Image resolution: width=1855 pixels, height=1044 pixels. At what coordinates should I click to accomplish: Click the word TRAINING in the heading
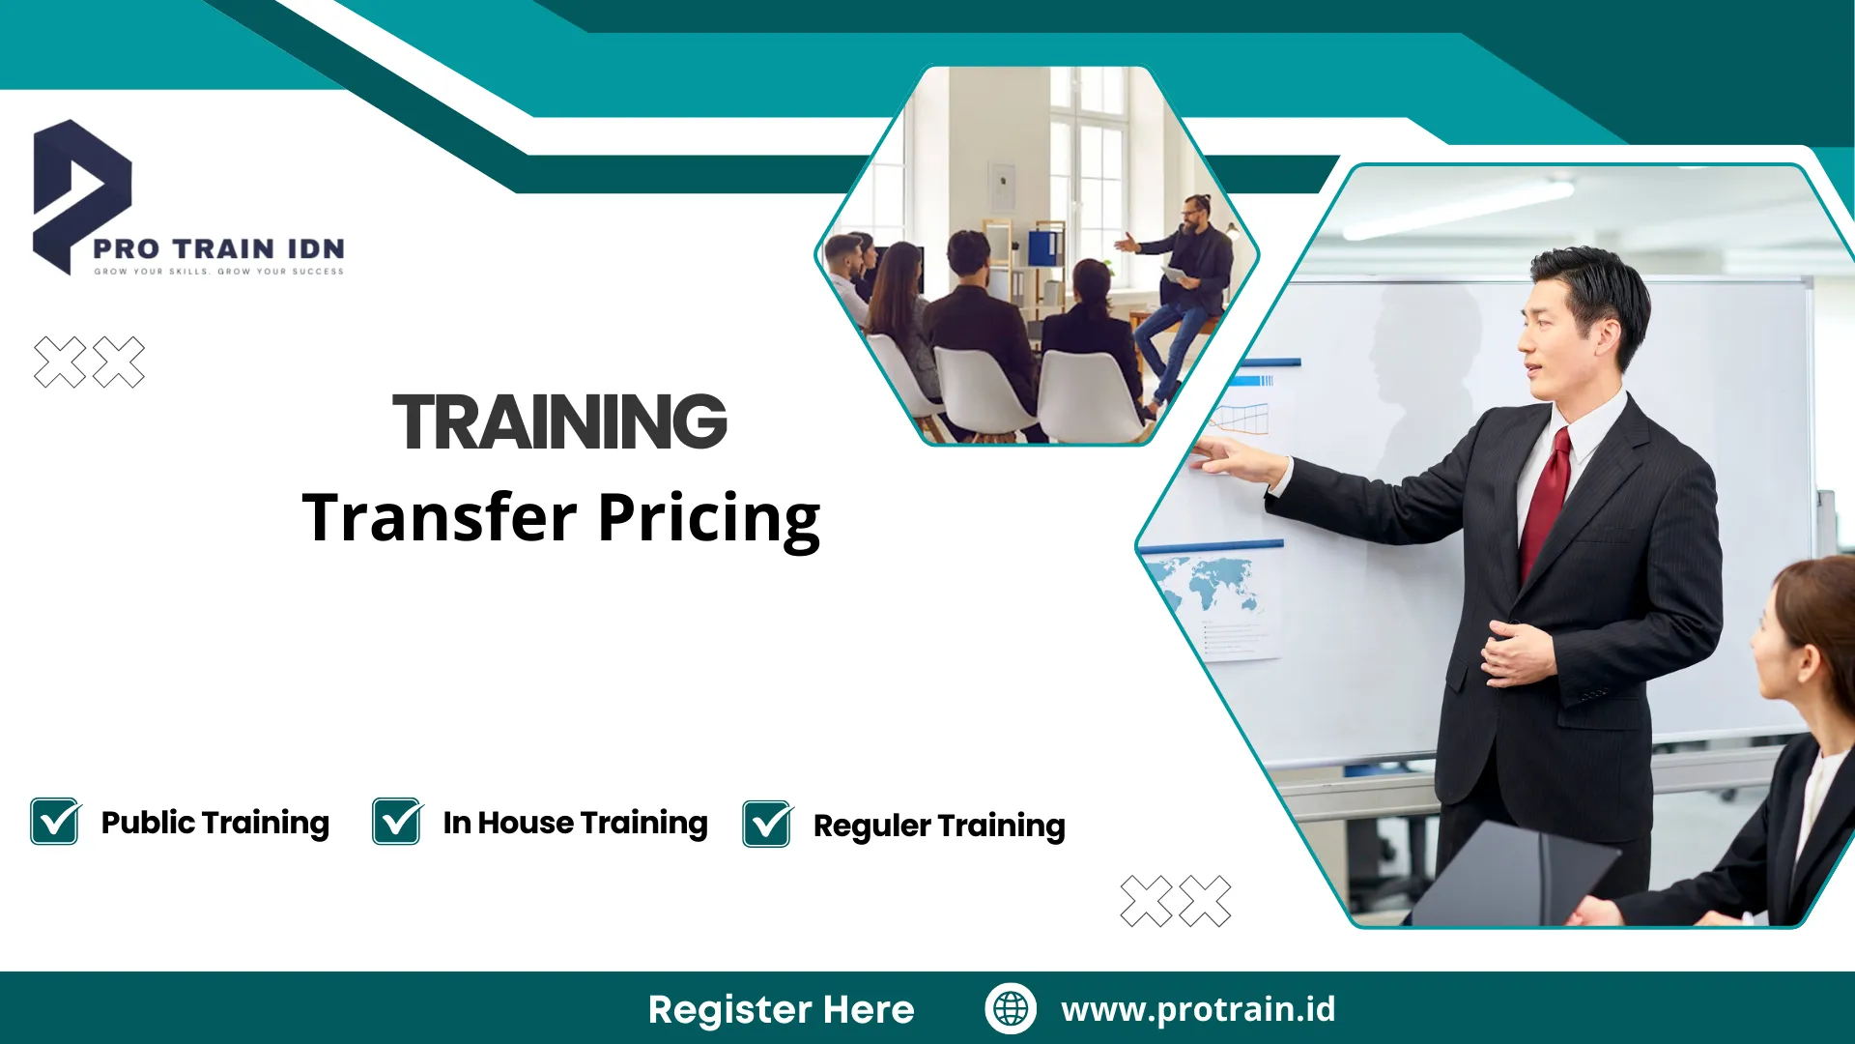click(559, 421)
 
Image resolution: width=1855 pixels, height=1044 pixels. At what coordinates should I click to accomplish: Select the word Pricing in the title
click(708, 519)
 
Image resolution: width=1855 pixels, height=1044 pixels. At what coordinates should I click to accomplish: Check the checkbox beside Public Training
click(55, 822)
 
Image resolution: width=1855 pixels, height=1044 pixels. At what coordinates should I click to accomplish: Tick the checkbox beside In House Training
click(397, 822)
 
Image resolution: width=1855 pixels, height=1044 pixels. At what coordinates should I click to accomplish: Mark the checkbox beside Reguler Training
click(767, 825)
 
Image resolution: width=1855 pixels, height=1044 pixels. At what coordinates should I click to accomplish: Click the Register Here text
click(781, 1009)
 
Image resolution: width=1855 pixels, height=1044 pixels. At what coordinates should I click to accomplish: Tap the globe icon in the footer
click(1011, 1008)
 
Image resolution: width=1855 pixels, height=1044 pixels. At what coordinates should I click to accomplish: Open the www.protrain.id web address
click(1198, 1009)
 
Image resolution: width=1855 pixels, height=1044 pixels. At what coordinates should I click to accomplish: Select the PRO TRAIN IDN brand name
click(218, 248)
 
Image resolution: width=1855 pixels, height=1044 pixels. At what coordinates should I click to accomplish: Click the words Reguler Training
click(938, 826)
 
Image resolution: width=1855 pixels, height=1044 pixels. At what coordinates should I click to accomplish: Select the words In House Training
click(575, 823)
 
